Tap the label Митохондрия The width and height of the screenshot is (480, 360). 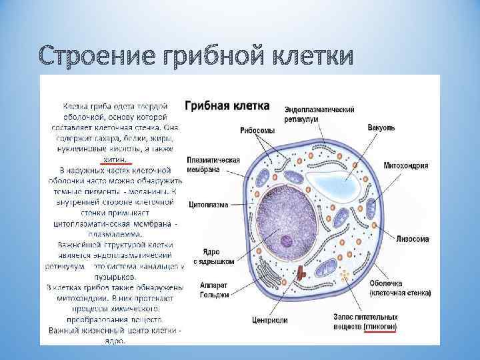pyautogui.click(x=406, y=165)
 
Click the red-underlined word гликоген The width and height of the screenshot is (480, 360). pyautogui.click(x=381, y=328)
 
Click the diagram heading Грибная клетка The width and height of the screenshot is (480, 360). pyautogui.click(x=227, y=106)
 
